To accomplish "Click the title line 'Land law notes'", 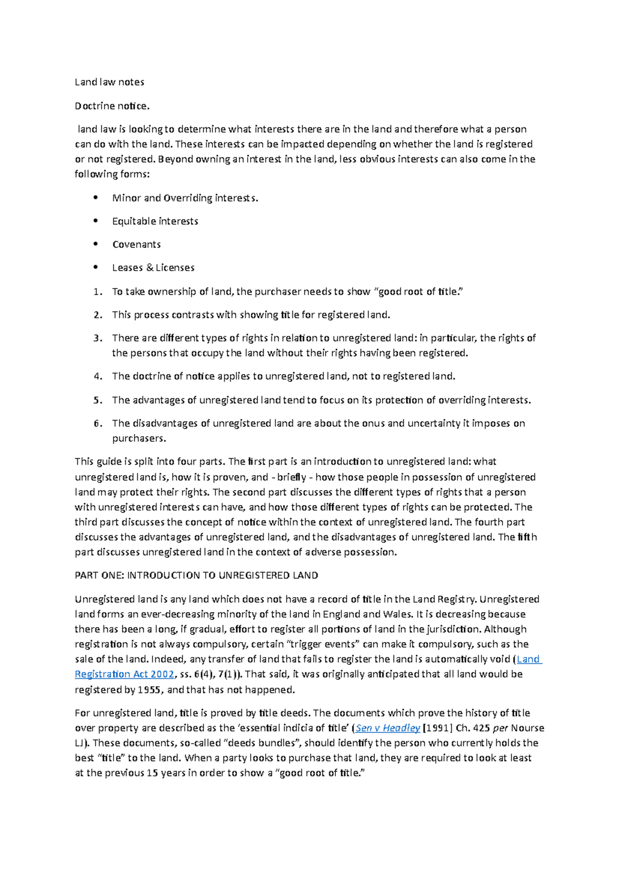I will point(109,82).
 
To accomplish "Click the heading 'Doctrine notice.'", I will point(112,106).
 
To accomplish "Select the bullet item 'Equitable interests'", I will point(155,221).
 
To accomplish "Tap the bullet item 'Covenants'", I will point(136,244).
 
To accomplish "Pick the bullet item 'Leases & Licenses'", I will point(153,267).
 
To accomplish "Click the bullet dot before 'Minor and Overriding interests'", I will point(95,197).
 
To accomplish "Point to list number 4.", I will point(98,376).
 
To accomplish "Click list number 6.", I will point(98,424).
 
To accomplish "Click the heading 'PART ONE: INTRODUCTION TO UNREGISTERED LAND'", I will point(196,575).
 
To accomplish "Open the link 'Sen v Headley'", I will point(388,728).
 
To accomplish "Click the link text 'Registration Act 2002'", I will point(124,674).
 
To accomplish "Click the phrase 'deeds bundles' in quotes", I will point(266,743).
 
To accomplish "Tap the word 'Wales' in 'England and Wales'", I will point(396,614).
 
